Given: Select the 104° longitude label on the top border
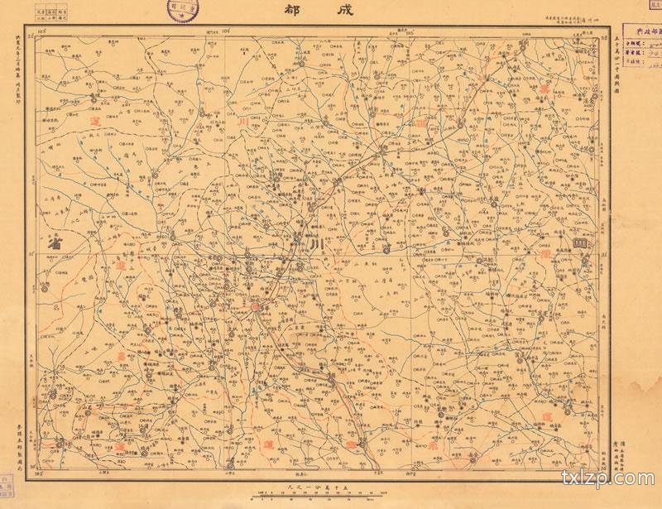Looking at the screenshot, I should pyautogui.click(x=226, y=29).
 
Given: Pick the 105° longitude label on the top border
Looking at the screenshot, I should pyautogui.click(x=409, y=29).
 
